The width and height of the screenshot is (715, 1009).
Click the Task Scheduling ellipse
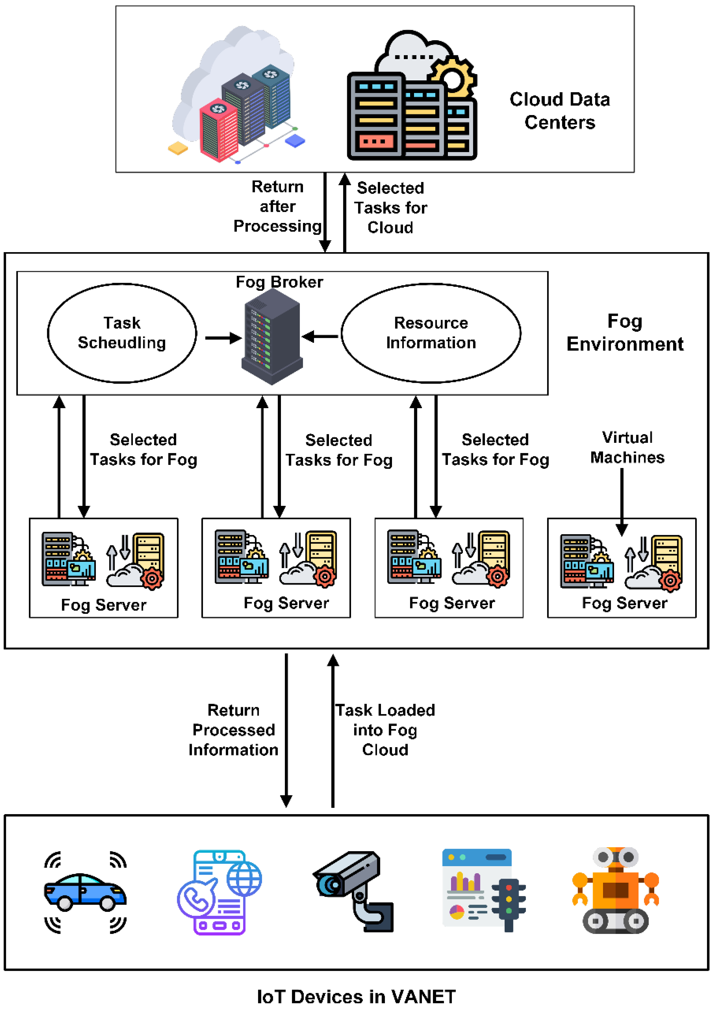(122, 333)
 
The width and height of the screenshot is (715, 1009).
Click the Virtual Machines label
(627, 447)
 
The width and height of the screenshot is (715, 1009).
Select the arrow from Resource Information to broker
(320, 337)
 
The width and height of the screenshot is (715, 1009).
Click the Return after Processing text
(277, 206)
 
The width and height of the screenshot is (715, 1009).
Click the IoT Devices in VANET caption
(356, 996)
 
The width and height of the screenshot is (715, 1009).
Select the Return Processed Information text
(233, 730)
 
